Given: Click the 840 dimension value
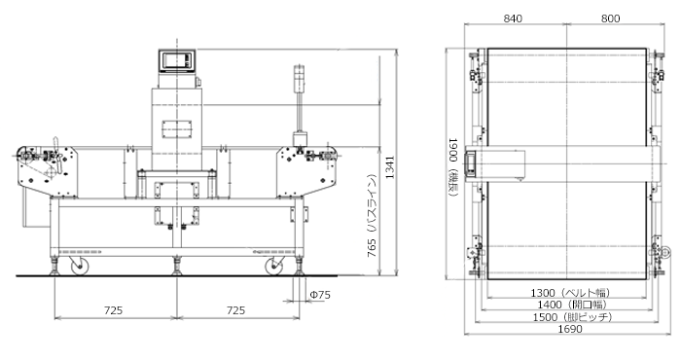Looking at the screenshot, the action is tap(513, 18).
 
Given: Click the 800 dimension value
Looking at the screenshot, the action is tap(610, 18).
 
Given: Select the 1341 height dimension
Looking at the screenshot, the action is tap(390, 167).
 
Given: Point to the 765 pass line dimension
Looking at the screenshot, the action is tap(372, 216).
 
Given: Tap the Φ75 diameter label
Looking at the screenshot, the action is tap(320, 295).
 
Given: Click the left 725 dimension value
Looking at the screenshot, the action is tap(114, 310).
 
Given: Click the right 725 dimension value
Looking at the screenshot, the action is tap(235, 310).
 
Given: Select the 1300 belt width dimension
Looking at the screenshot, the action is tap(570, 293).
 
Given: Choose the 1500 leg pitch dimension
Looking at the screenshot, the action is tap(572, 317).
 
